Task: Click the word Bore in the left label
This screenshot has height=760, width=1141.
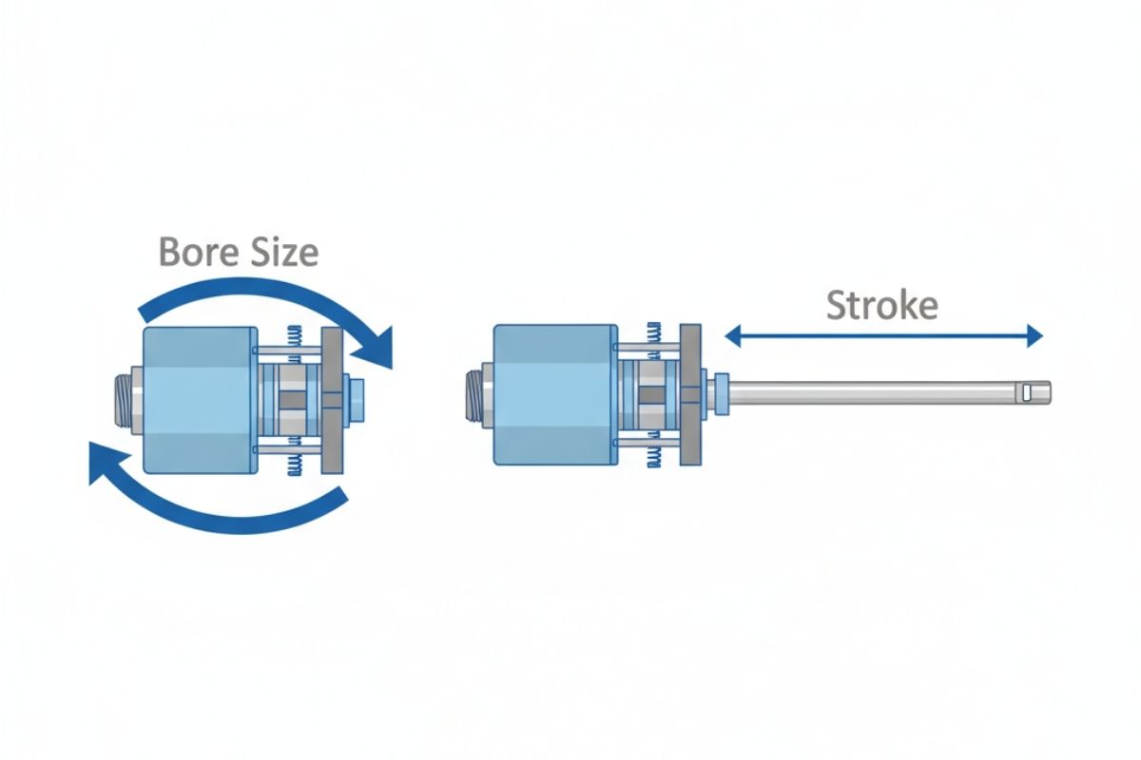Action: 193,254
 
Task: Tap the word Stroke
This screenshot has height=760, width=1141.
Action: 881,305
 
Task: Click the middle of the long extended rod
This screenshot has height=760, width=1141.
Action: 884,389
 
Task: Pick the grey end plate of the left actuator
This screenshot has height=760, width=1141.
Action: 334,400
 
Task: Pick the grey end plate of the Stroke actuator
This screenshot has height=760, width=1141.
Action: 691,393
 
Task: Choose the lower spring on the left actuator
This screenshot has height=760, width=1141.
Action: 296,462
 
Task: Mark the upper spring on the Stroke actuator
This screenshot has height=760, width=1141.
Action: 654,333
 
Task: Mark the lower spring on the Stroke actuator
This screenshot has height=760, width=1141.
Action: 654,455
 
